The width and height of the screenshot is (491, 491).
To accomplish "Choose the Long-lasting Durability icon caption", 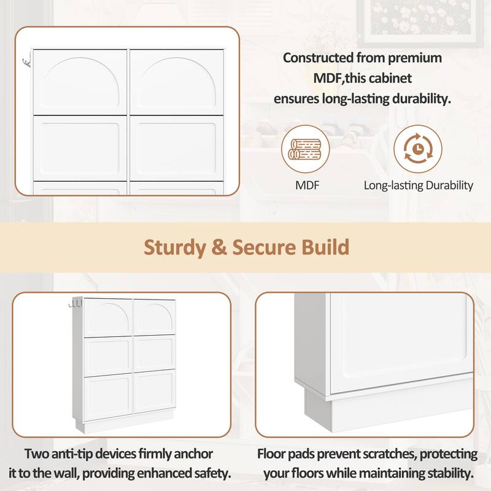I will click(418, 184).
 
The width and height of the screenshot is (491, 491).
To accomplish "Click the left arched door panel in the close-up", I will click(80, 82).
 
